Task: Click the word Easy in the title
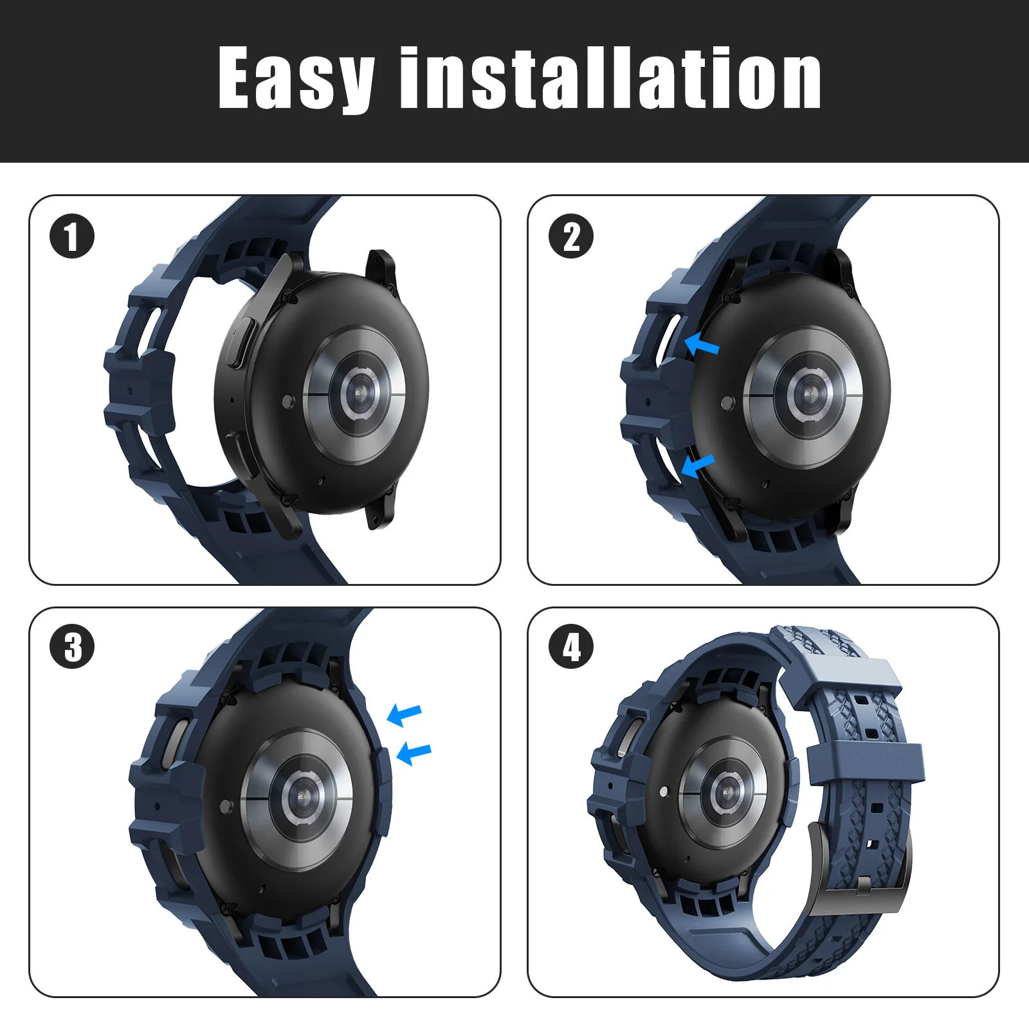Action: (x=296, y=79)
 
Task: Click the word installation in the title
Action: (x=610, y=78)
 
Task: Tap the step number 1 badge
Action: (x=72, y=236)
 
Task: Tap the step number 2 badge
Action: (x=571, y=236)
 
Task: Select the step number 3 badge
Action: (x=72, y=646)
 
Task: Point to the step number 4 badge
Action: (x=571, y=646)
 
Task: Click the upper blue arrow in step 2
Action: (x=702, y=345)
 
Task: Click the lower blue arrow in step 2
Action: (x=697, y=466)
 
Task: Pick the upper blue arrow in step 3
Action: (x=405, y=715)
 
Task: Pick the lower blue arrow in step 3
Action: (x=414, y=753)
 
